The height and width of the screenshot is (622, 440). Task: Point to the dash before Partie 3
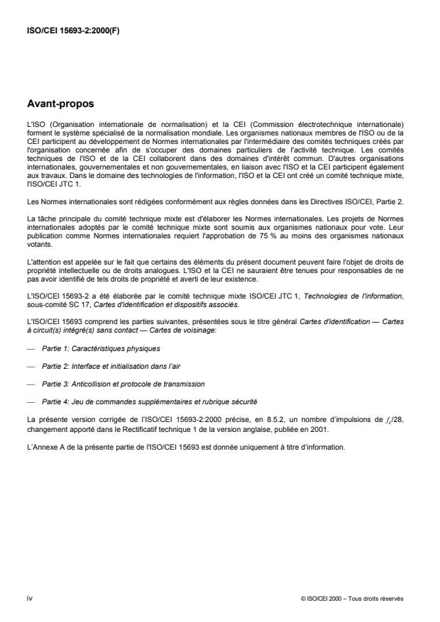(x=29, y=383)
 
